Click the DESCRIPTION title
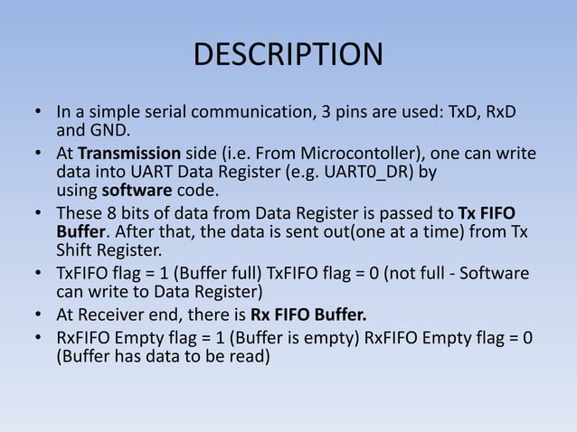tap(288, 54)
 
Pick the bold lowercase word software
tap(137, 191)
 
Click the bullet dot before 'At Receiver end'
tap(39, 315)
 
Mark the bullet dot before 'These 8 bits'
tap(39, 212)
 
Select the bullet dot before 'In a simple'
tap(39, 114)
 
